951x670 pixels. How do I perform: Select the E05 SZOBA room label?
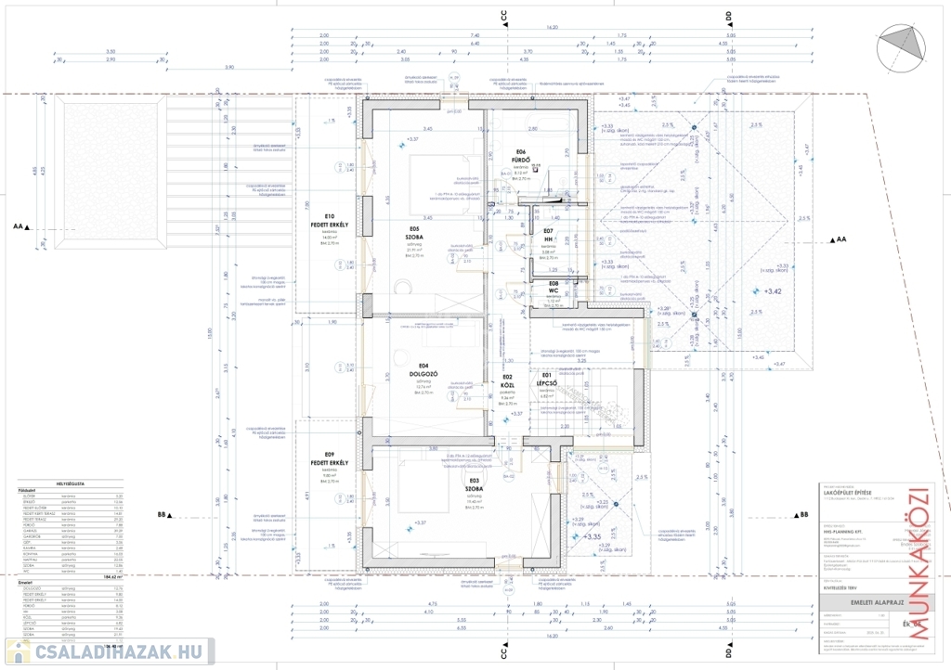[x=414, y=232]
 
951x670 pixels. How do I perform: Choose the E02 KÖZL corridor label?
[x=508, y=383]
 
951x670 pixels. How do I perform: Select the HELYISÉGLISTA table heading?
[x=72, y=483]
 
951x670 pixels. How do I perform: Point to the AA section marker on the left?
[x=21, y=225]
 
